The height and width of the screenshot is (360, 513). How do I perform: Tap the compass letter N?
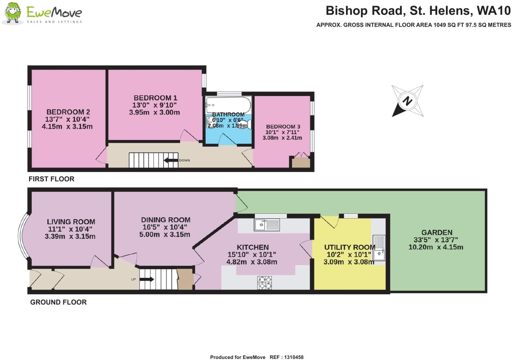[407, 101]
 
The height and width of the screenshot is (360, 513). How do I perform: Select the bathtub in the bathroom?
[228, 104]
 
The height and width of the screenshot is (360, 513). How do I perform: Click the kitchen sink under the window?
[267, 224]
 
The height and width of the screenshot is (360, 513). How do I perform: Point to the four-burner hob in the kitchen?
[265, 283]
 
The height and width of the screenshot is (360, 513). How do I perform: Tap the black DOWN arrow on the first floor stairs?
[171, 161]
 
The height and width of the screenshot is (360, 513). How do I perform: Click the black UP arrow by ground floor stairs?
[147, 280]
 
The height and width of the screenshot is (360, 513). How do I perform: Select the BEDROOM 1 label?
[155, 98]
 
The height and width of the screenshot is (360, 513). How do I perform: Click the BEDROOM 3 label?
[283, 126]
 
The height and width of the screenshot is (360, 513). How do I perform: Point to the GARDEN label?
[437, 232]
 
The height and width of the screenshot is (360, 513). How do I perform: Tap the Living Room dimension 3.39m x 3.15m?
[70, 236]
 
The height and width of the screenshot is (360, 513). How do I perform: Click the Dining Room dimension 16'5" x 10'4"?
[165, 227]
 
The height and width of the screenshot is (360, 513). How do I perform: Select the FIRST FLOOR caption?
[51, 179]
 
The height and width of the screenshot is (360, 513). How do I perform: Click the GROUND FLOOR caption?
[58, 302]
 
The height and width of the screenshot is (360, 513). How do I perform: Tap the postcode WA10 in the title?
[493, 11]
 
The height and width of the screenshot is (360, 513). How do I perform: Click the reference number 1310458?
[291, 357]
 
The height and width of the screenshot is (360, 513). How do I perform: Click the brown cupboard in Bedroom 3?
[301, 162]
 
